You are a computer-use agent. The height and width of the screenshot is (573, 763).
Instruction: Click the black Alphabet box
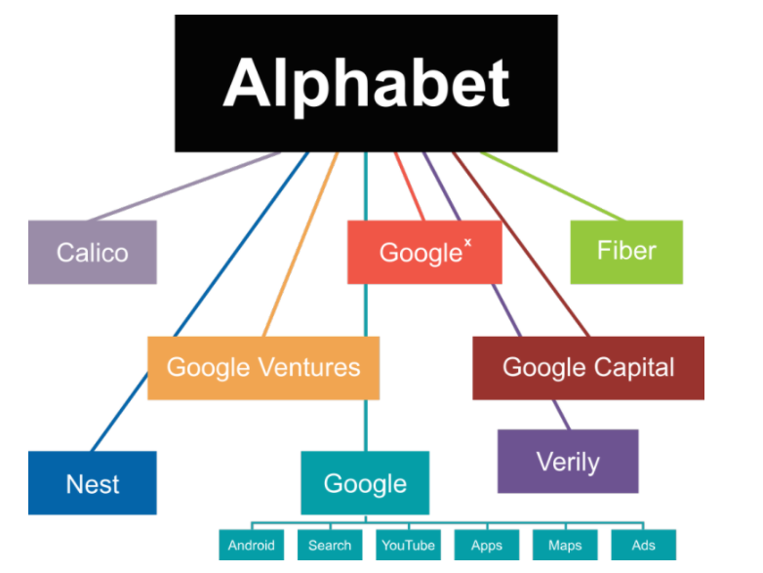point(366,83)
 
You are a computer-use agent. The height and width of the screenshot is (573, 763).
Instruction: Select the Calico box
point(93,253)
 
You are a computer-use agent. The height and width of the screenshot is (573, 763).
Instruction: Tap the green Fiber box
point(626,252)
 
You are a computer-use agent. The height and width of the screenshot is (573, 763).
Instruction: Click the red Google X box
point(424,253)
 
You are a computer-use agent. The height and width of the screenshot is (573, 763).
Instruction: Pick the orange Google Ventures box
point(263,368)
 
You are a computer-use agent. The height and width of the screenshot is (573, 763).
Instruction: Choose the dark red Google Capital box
point(587,368)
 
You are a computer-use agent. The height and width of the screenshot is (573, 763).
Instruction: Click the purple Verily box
point(568,461)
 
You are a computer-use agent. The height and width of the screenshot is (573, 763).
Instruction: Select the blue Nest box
point(93,483)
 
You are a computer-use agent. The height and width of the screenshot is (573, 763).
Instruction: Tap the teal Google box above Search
point(365,483)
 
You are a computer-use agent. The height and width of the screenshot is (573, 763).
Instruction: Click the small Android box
point(252,546)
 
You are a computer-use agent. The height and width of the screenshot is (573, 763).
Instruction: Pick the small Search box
point(330,546)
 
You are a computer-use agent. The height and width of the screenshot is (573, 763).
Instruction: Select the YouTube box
point(407,546)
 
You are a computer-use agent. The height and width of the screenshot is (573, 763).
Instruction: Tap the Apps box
point(486,546)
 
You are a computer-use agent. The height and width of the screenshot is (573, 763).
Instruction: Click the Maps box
point(564,546)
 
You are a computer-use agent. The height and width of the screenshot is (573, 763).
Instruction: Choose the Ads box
point(643,546)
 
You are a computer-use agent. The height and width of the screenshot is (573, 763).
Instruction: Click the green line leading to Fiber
point(551,185)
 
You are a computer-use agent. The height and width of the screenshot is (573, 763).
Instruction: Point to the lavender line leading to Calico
point(185,185)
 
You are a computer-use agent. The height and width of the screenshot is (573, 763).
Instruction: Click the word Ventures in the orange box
point(309,368)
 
